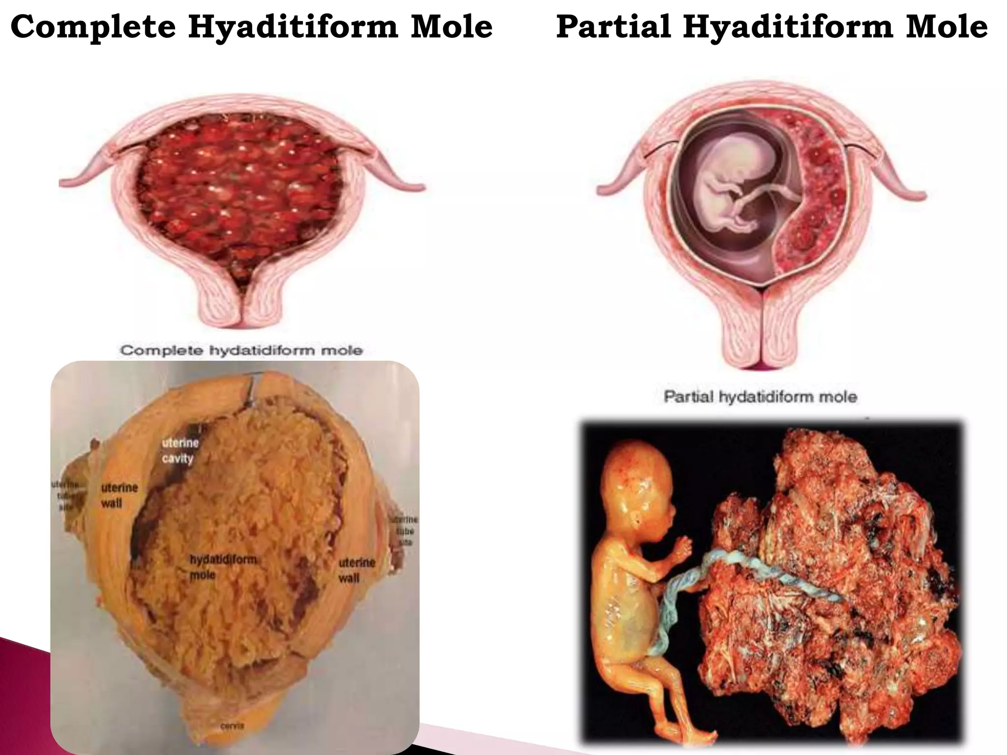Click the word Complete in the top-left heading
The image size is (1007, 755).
tap(93, 27)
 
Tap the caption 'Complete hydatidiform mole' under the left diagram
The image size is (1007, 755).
tap(241, 350)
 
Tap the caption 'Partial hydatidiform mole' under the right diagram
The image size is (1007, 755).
tap(760, 397)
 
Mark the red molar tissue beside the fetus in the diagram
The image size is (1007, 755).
tap(816, 197)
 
